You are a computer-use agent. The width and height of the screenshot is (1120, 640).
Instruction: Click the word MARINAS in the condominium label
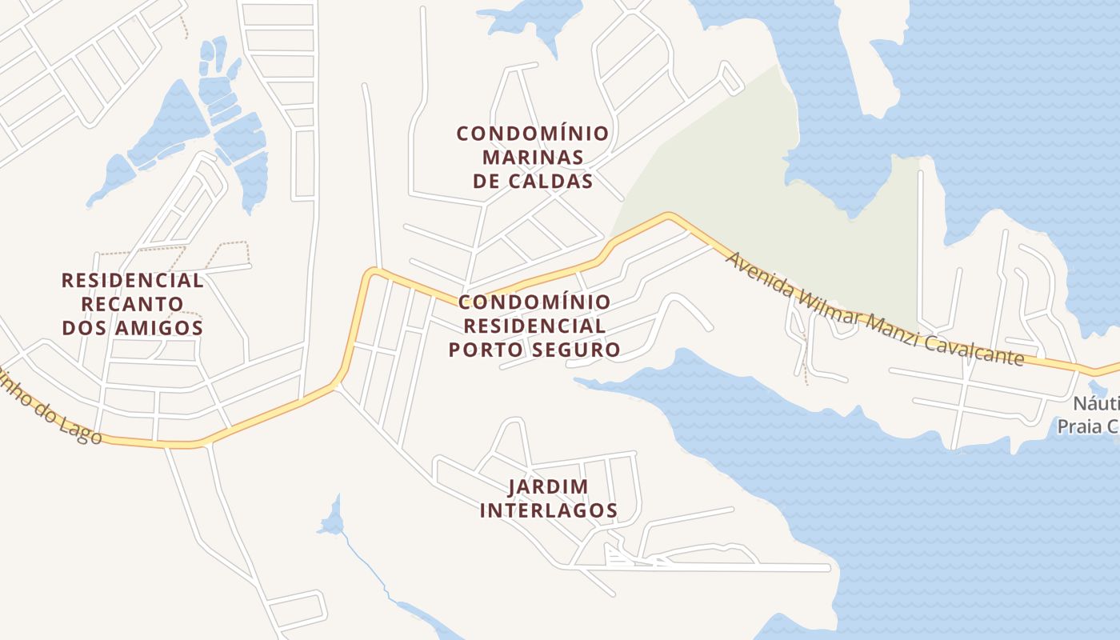(532, 157)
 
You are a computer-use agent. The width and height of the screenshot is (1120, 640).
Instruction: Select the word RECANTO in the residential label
(133, 305)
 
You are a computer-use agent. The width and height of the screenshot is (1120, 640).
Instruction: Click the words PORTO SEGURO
(534, 350)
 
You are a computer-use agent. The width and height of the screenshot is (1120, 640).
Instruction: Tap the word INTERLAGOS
(549, 510)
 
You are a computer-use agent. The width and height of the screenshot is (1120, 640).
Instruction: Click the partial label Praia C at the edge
(1088, 426)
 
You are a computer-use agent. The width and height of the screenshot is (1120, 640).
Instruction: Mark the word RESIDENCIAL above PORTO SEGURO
(534, 326)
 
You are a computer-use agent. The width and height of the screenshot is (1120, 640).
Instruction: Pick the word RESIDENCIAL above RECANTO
(133, 281)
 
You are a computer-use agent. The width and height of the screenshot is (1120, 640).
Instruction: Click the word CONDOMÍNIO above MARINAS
(532, 133)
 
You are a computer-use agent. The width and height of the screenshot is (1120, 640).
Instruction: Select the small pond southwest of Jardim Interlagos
(331, 520)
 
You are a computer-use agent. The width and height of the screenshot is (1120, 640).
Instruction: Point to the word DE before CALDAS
(486, 182)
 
